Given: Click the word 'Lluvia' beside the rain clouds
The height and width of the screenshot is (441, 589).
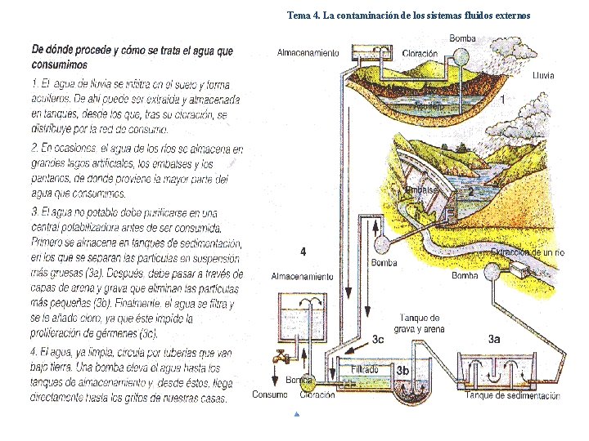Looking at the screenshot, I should (x=542, y=75).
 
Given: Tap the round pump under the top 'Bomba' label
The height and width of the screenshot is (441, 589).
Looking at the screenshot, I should (x=461, y=56).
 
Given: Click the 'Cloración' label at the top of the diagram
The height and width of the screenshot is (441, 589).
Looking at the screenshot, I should (x=420, y=53).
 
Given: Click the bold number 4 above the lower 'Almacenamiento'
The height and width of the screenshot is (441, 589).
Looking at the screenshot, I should (x=303, y=251).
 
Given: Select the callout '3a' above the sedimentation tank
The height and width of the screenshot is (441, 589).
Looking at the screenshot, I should (x=494, y=338).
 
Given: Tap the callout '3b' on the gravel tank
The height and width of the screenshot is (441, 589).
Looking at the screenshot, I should (x=402, y=370).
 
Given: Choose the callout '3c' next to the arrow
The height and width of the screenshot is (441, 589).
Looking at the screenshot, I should (x=378, y=339).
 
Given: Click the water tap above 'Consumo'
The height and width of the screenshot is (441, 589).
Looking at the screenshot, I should (x=283, y=358).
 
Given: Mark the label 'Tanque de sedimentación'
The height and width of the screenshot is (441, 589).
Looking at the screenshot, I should (x=512, y=396).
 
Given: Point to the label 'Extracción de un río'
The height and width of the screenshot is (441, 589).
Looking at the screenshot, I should (x=528, y=253).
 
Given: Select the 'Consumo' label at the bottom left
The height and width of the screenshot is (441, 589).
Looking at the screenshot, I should (x=270, y=395).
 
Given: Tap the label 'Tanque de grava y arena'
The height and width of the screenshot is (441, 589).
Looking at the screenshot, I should (x=420, y=323).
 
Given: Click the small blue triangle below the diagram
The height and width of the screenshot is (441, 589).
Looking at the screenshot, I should (x=296, y=415).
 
